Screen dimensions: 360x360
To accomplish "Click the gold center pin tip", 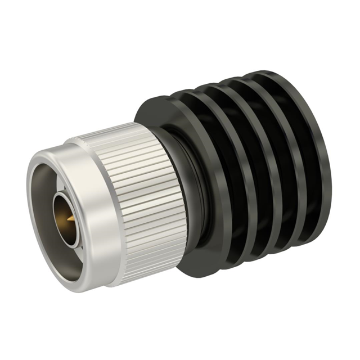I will click(x=68, y=218).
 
